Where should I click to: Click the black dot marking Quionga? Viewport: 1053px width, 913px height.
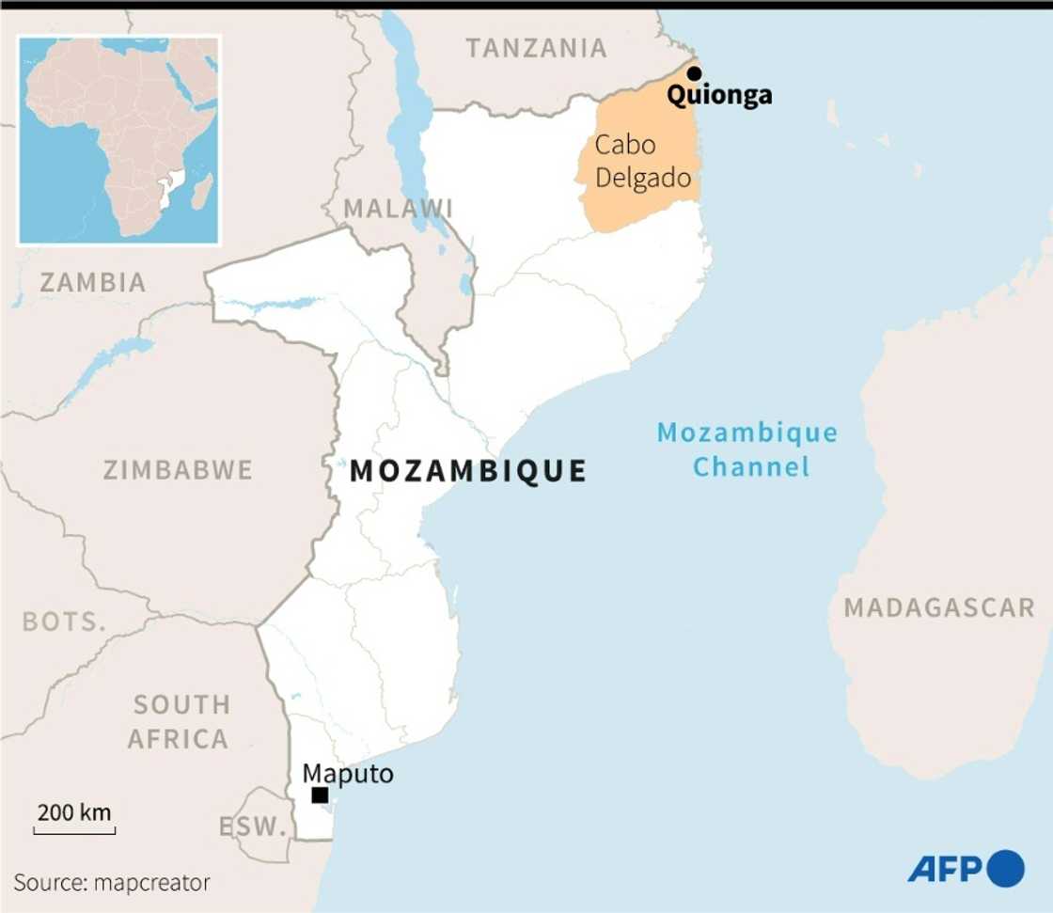point(694,73)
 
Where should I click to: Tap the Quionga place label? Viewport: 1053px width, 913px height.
point(719,95)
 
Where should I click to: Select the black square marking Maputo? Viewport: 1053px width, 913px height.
point(320,795)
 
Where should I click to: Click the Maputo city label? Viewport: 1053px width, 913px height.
point(347,774)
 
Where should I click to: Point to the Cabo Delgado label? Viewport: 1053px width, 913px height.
point(643,162)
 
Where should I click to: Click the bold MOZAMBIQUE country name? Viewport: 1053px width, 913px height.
point(468,470)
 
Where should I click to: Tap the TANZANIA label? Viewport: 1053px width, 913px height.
point(537,49)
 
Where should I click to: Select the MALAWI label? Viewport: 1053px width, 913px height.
point(398,208)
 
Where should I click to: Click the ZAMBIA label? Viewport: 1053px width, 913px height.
point(92,281)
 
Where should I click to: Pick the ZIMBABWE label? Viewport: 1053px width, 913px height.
point(178,469)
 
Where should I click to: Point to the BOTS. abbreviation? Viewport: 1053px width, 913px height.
point(64,622)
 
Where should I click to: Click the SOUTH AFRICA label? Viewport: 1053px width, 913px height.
point(180,721)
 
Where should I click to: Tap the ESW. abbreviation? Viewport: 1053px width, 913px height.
point(252,827)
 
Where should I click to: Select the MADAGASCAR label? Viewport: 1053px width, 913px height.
point(938,607)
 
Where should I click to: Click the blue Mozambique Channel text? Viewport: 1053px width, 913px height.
point(747,449)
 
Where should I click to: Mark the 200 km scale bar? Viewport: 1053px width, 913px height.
point(74,829)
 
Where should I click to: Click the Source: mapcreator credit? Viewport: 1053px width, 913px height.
point(112,883)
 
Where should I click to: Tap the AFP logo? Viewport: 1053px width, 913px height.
point(966,868)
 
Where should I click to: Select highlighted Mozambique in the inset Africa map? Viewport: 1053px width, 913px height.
point(168,188)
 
